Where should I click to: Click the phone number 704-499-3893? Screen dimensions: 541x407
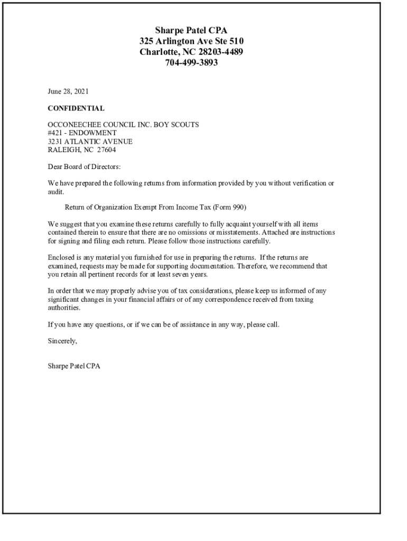191,63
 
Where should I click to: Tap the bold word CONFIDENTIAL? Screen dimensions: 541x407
76,108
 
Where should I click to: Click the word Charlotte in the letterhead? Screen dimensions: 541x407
158,52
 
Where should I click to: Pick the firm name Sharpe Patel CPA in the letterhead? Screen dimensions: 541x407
191,30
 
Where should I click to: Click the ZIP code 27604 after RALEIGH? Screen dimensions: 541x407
106,150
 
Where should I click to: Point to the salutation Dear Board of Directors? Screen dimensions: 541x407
84,167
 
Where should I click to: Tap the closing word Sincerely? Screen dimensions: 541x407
62,341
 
